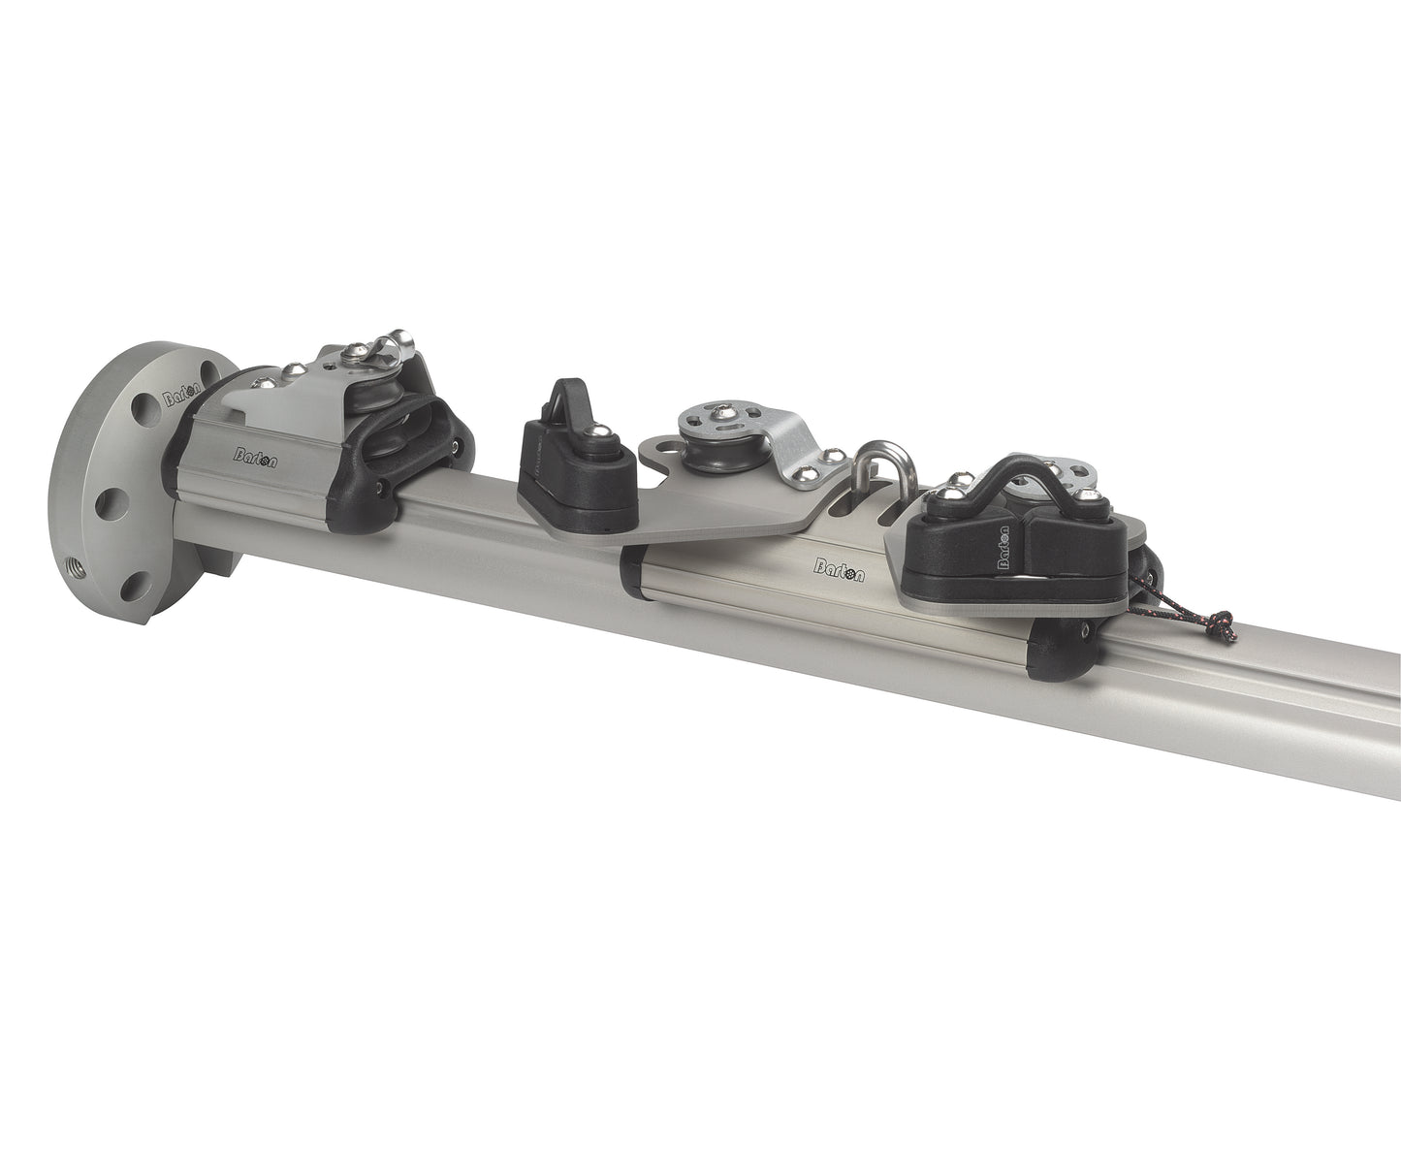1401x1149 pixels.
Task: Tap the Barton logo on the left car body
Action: pos(256,457)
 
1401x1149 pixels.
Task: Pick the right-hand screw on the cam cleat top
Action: pos(1094,495)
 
